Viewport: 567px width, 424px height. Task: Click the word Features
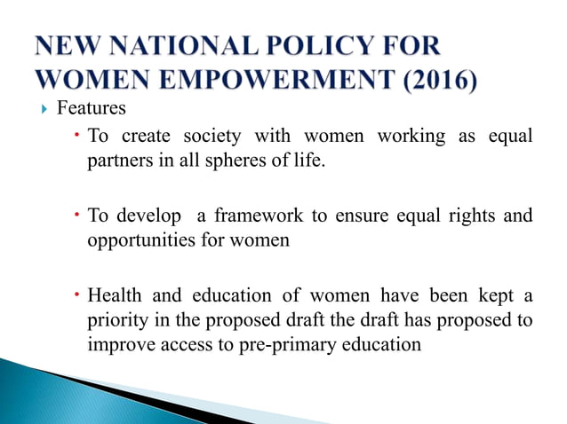click(x=92, y=109)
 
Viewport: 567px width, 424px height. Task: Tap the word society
click(x=212, y=137)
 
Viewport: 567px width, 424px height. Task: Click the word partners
click(x=118, y=161)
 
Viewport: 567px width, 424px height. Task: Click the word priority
click(x=116, y=319)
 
